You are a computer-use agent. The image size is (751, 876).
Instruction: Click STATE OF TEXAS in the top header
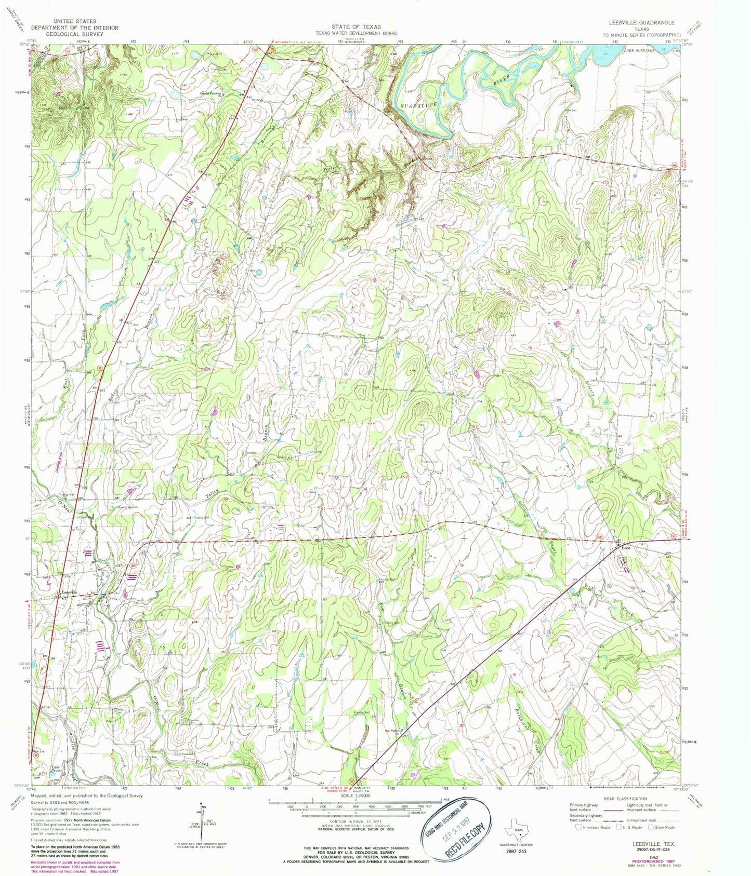(x=356, y=26)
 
